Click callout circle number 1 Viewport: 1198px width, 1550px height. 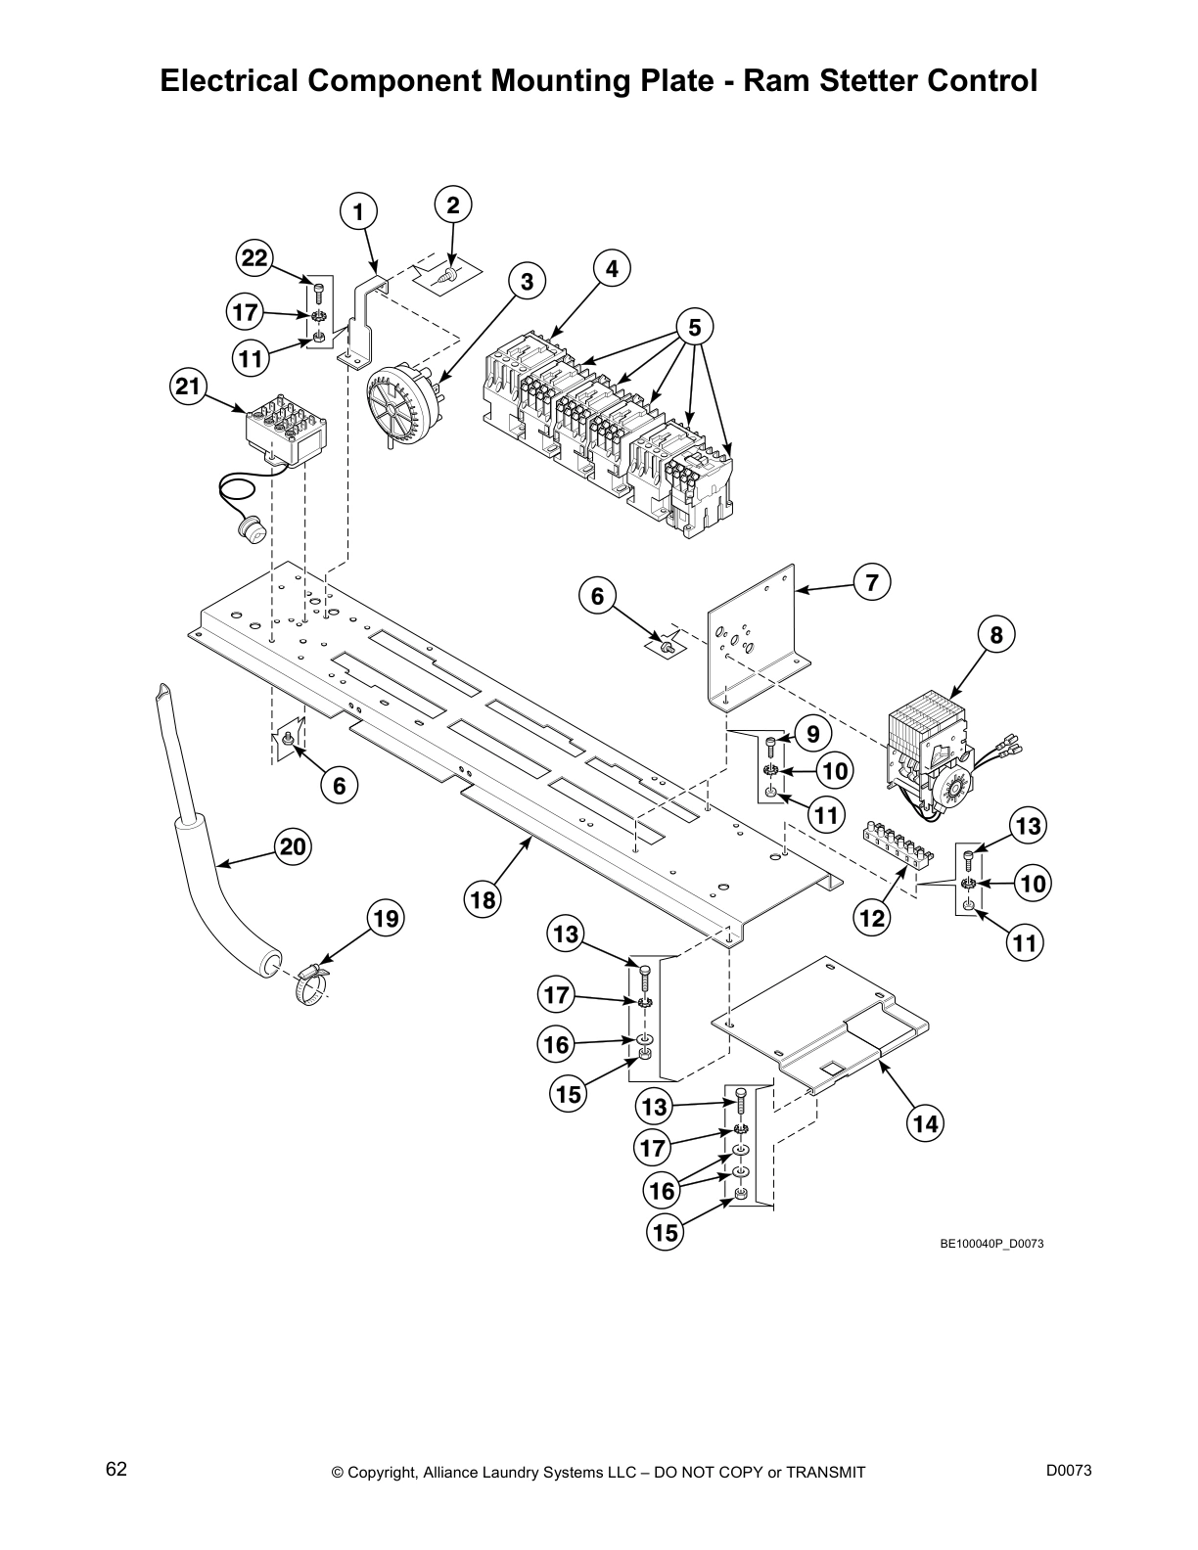pyautogui.click(x=358, y=212)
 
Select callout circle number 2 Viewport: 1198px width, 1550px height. pyautogui.click(x=452, y=205)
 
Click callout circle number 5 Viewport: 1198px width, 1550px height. pyautogui.click(x=694, y=327)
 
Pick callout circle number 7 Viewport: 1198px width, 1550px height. pyautogui.click(x=871, y=582)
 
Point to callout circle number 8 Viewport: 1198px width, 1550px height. pyautogui.click(x=995, y=636)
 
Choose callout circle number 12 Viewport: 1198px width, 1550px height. pyautogui.click(x=871, y=917)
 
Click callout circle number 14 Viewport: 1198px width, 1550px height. pyautogui.click(x=925, y=1124)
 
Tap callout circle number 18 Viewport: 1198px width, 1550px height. pyautogui.click(x=484, y=898)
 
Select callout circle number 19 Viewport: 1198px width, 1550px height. pyautogui.click(x=386, y=919)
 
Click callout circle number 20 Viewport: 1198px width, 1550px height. pyautogui.click(x=293, y=846)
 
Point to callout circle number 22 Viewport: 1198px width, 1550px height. pyautogui.click(x=254, y=258)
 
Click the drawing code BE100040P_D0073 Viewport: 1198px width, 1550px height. pyautogui.click(x=985, y=1245)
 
